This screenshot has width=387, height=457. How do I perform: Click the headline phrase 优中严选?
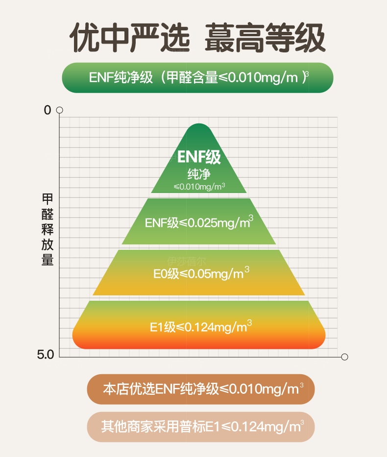click(129, 38)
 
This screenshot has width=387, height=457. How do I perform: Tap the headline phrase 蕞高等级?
click(265, 38)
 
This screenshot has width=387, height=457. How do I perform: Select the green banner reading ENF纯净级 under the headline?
click(197, 78)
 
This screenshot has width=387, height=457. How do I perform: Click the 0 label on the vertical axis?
click(48, 110)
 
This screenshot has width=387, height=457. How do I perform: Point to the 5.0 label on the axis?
click(46, 355)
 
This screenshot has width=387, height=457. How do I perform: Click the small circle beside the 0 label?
click(59, 110)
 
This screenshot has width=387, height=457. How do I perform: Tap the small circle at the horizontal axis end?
click(344, 357)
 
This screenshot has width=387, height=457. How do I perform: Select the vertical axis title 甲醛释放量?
click(48, 229)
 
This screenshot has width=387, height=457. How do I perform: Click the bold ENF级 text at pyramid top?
click(199, 157)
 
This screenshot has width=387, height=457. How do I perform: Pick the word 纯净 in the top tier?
click(199, 174)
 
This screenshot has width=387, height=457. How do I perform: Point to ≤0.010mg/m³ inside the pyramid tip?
click(199, 187)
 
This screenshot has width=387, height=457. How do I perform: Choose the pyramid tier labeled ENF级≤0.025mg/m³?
click(199, 221)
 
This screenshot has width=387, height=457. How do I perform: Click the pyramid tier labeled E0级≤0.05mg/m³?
click(199, 272)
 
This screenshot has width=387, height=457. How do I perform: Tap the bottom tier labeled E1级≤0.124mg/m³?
click(199, 325)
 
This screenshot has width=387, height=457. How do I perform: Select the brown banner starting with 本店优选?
click(201, 389)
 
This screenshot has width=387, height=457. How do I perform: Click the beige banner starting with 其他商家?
click(201, 427)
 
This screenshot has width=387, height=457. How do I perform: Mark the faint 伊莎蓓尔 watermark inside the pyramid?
click(187, 261)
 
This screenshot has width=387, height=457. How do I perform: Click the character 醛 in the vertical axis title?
click(48, 214)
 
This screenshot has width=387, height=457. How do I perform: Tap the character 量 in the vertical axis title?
click(48, 260)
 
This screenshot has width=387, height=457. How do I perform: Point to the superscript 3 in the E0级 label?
click(247, 269)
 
